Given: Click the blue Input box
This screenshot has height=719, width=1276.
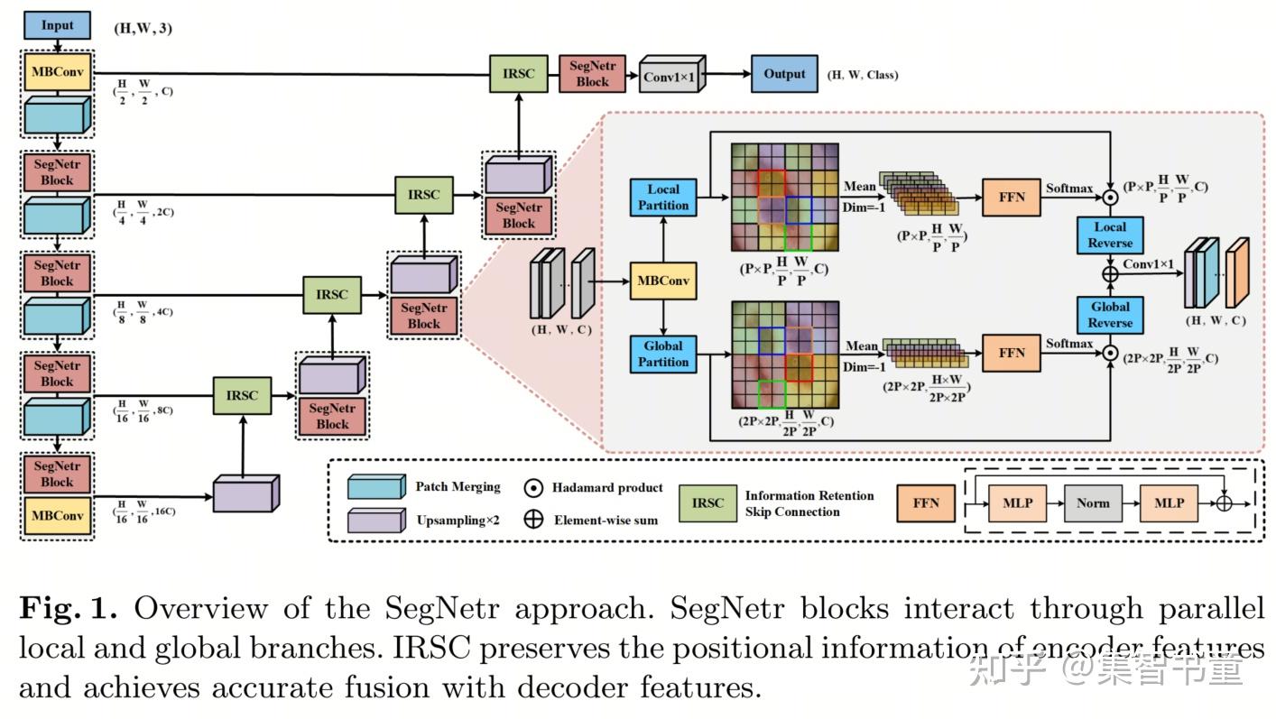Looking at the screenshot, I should click(x=58, y=25).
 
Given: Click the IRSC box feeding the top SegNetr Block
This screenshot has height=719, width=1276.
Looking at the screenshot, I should click(x=519, y=74).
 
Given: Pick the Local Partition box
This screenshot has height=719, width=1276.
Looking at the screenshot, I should click(x=663, y=198).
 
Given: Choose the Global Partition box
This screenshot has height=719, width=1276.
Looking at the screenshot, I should click(x=663, y=354).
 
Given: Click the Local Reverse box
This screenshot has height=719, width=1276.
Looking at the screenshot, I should click(x=1110, y=235).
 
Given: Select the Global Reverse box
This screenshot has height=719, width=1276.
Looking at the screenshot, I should click(x=1110, y=315).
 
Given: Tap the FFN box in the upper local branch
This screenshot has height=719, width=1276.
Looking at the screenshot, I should click(x=1012, y=198).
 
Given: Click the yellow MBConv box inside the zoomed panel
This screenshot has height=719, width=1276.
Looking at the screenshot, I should click(x=663, y=281).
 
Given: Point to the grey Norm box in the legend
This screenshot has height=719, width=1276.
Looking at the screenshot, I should click(x=1092, y=502).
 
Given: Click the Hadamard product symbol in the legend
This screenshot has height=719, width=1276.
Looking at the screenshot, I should click(x=533, y=488).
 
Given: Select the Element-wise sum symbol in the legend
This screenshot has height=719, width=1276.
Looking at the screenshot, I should click(x=533, y=520).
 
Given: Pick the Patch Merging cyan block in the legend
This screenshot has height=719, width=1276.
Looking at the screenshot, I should click(x=376, y=488).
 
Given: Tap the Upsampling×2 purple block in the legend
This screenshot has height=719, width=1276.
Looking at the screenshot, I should click(x=376, y=521).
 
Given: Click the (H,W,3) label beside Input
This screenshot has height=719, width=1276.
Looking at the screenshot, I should click(x=142, y=28).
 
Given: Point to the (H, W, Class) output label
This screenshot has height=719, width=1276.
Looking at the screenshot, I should click(x=863, y=75).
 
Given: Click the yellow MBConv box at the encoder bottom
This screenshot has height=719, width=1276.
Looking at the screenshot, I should click(x=58, y=516).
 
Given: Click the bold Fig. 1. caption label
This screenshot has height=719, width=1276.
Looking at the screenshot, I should click(x=69, y=609).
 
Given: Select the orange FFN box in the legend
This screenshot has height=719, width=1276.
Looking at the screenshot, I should click(x=926, y=502).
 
